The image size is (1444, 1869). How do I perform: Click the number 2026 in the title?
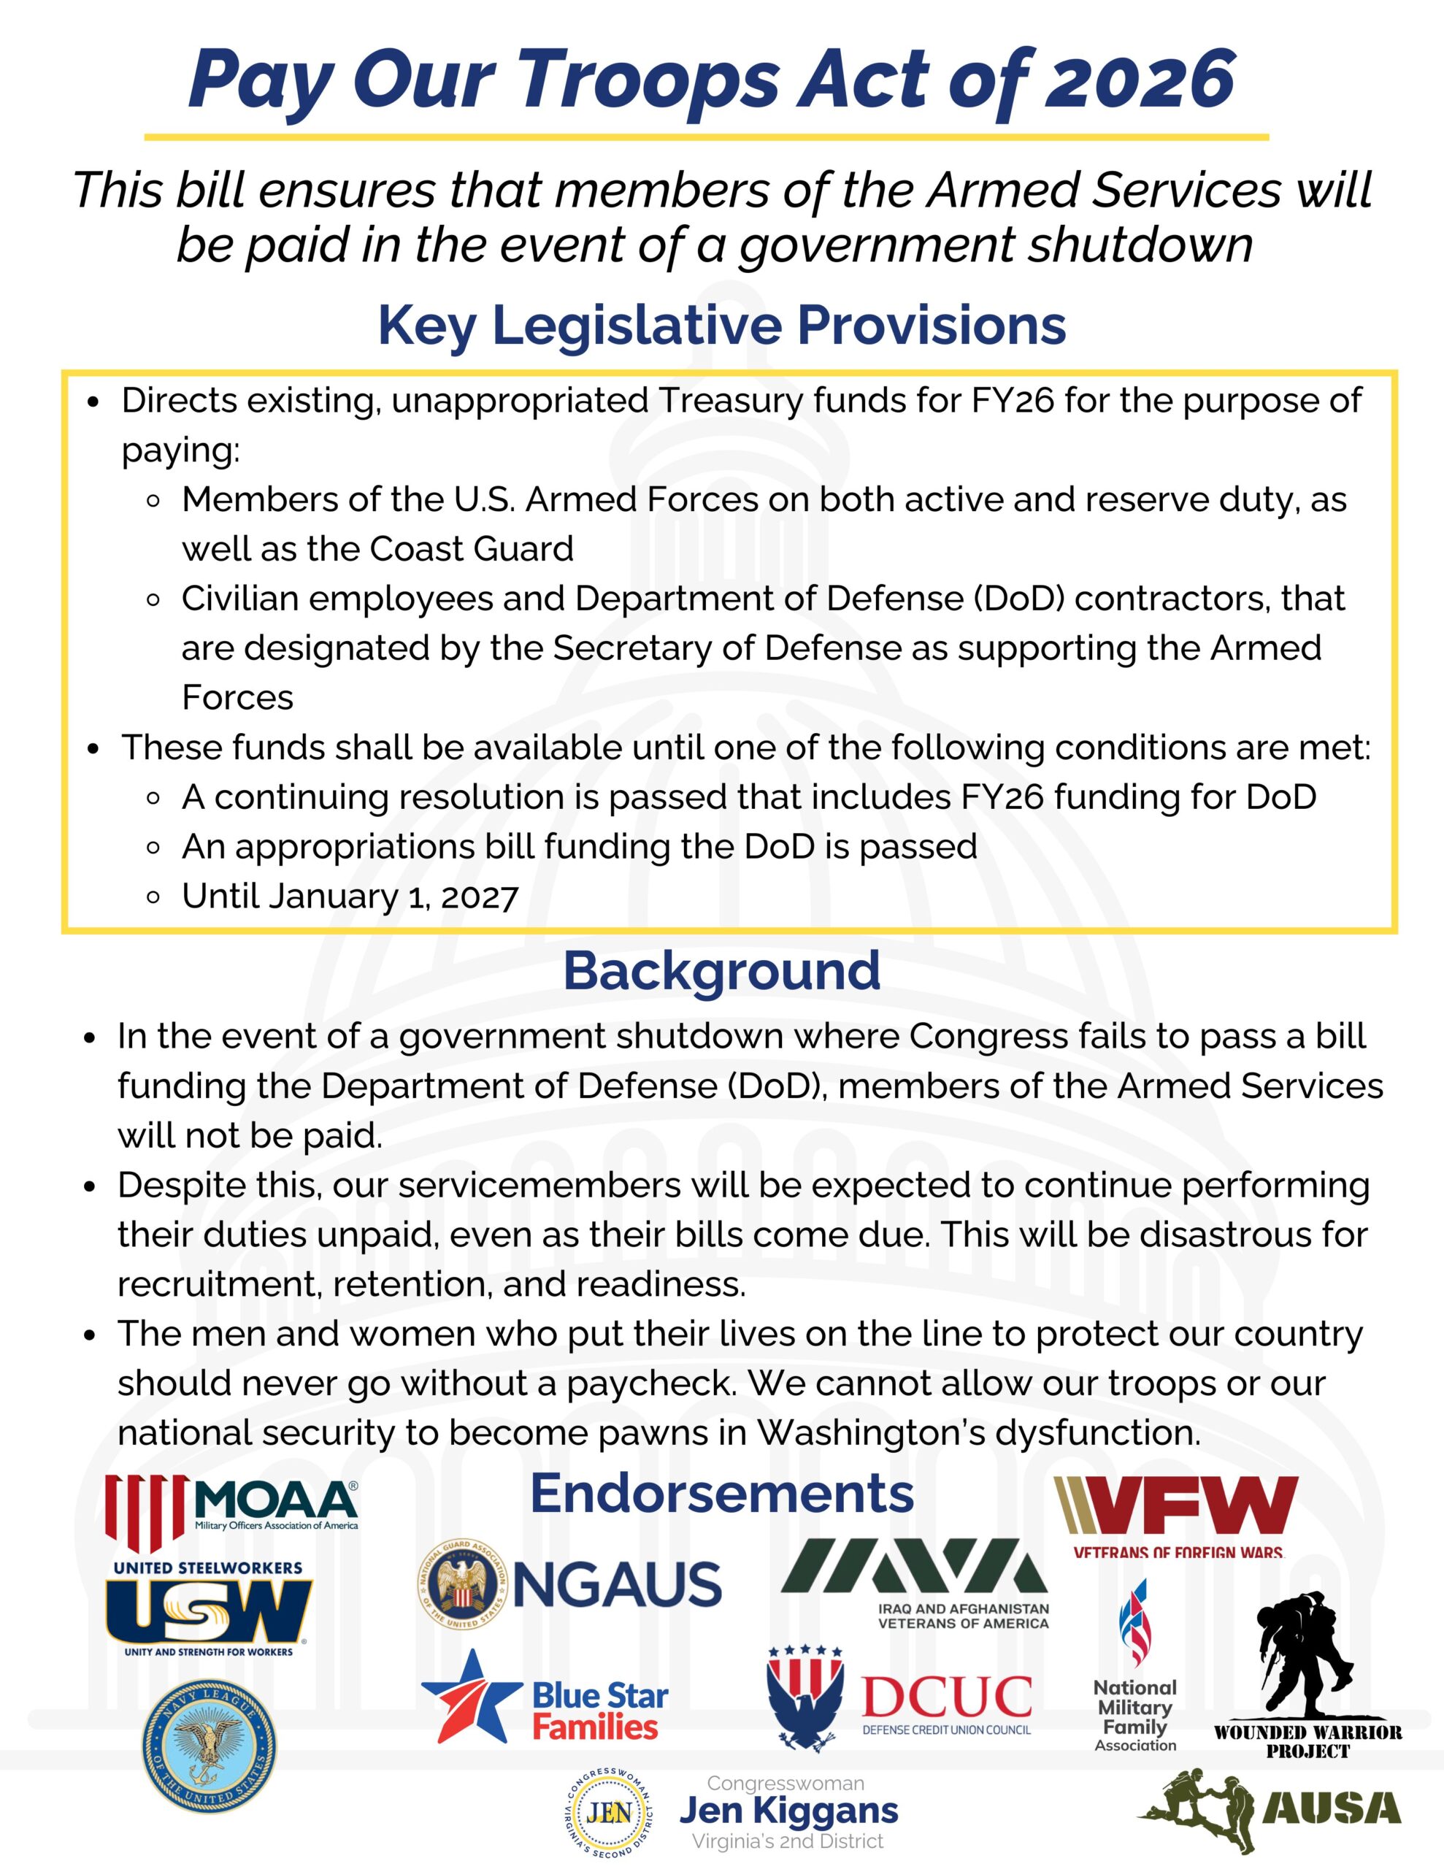1140,80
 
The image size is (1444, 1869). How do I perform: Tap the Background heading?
721,970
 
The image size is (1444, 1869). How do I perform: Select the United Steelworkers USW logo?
209,1609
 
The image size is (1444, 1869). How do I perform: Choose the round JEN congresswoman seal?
610,1813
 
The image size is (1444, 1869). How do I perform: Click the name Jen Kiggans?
788,1811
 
